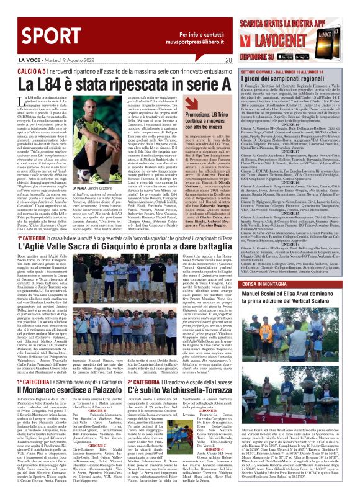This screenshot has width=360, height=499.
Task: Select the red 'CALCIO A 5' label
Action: coord(19,70)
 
